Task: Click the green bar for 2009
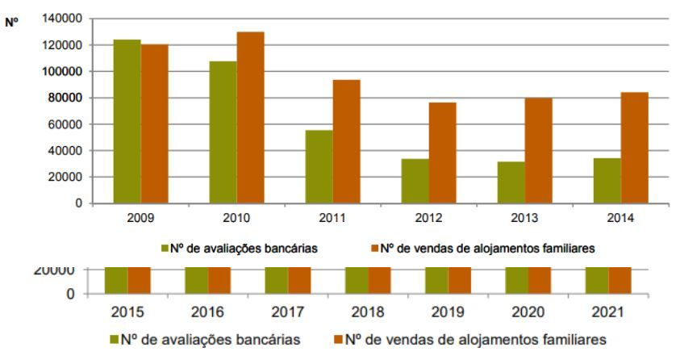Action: [x=127, y=121]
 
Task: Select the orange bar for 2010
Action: [x=250, y=118]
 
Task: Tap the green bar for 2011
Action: [x=319, y=166]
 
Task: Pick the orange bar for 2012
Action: [x=442, y=153]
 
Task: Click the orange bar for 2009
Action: [x=154, y=123]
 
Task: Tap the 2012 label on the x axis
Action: [x=428, y=219]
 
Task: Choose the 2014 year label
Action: [x=620, y=219]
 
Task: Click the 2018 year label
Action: [x=368, y=311]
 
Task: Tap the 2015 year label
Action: [x=127, y=311]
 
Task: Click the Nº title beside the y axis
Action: [x=11, y=23]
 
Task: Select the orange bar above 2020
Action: [x=540, y=278]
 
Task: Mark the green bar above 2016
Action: [x=196, y=278]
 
